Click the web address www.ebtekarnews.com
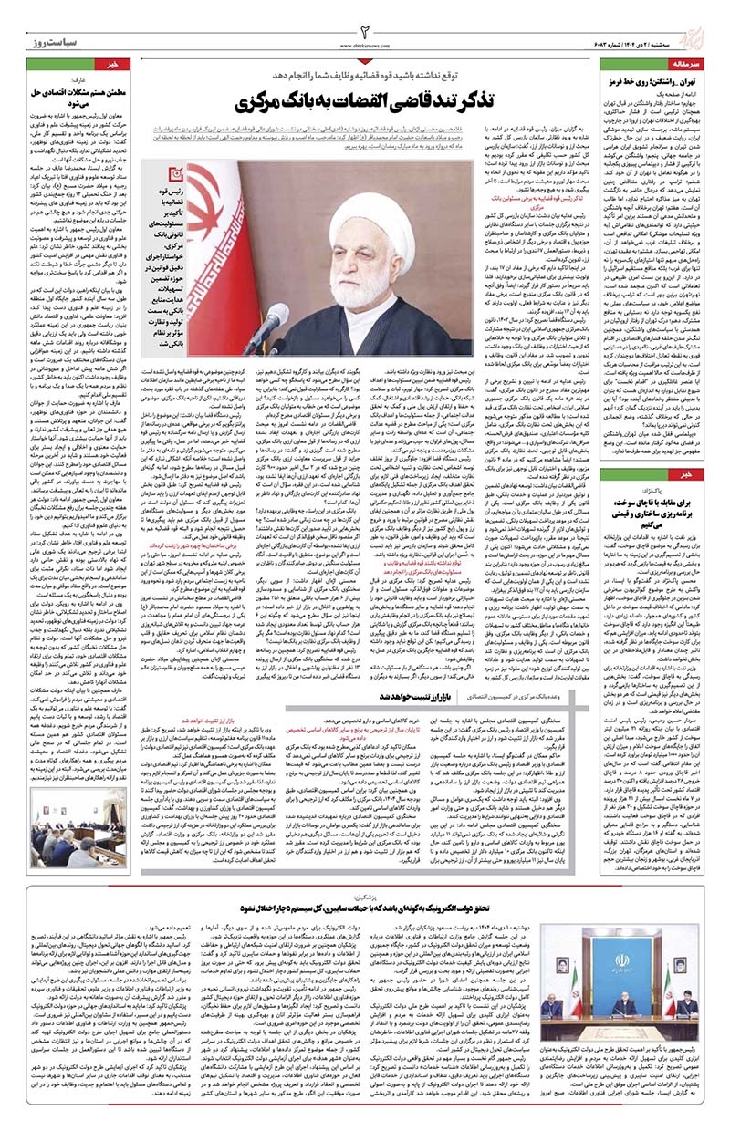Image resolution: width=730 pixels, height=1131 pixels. pyautogui.click(x=365, y=45)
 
